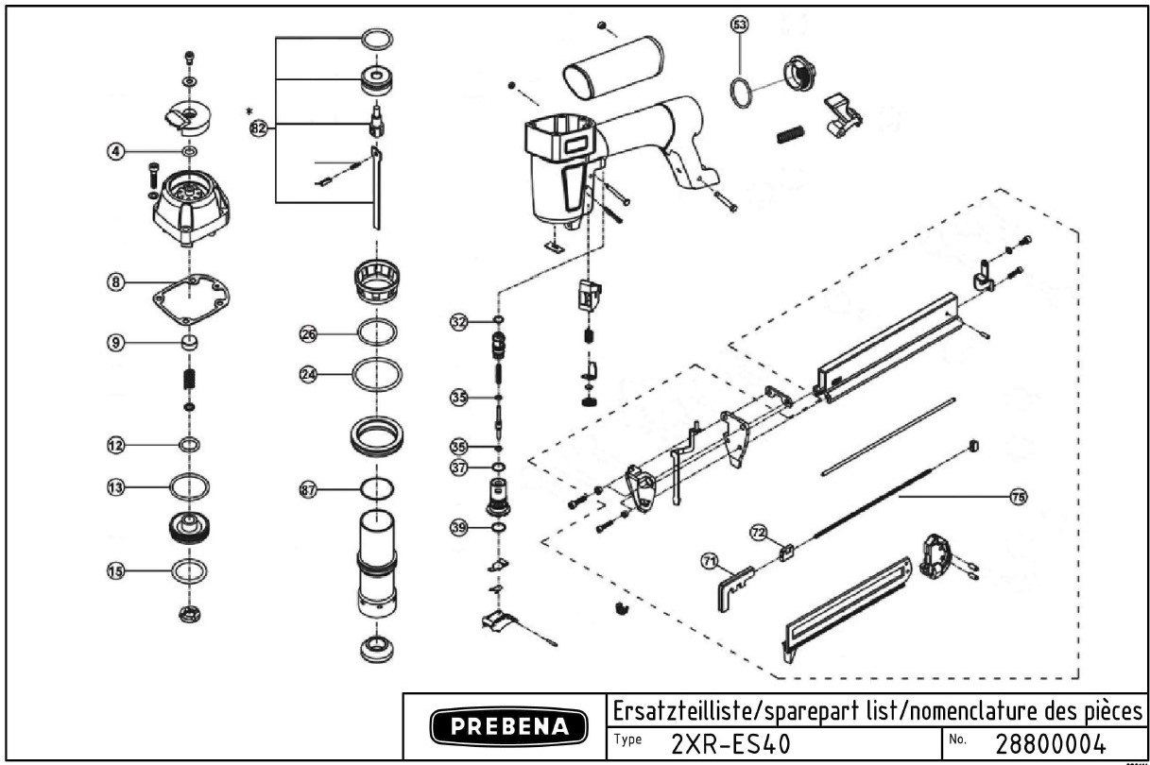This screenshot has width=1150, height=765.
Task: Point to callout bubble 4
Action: click(115, 151)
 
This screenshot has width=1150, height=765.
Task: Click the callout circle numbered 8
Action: click(115, 281)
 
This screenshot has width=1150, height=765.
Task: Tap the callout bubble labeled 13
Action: click(115, 487)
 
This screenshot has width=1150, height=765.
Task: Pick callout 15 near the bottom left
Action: click(115, 570)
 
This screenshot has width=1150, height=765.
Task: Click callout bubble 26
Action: click(308, 332)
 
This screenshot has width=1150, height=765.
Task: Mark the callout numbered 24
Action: click(308, 374)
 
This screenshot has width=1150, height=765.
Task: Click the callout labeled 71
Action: click(709, 561)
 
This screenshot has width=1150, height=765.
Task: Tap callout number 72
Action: click(758, 533)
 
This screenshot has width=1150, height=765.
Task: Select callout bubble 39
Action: click(458, 528)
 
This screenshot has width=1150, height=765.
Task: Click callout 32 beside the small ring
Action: click(458, 322)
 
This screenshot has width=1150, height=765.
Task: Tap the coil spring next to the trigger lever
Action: click(790, 135)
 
